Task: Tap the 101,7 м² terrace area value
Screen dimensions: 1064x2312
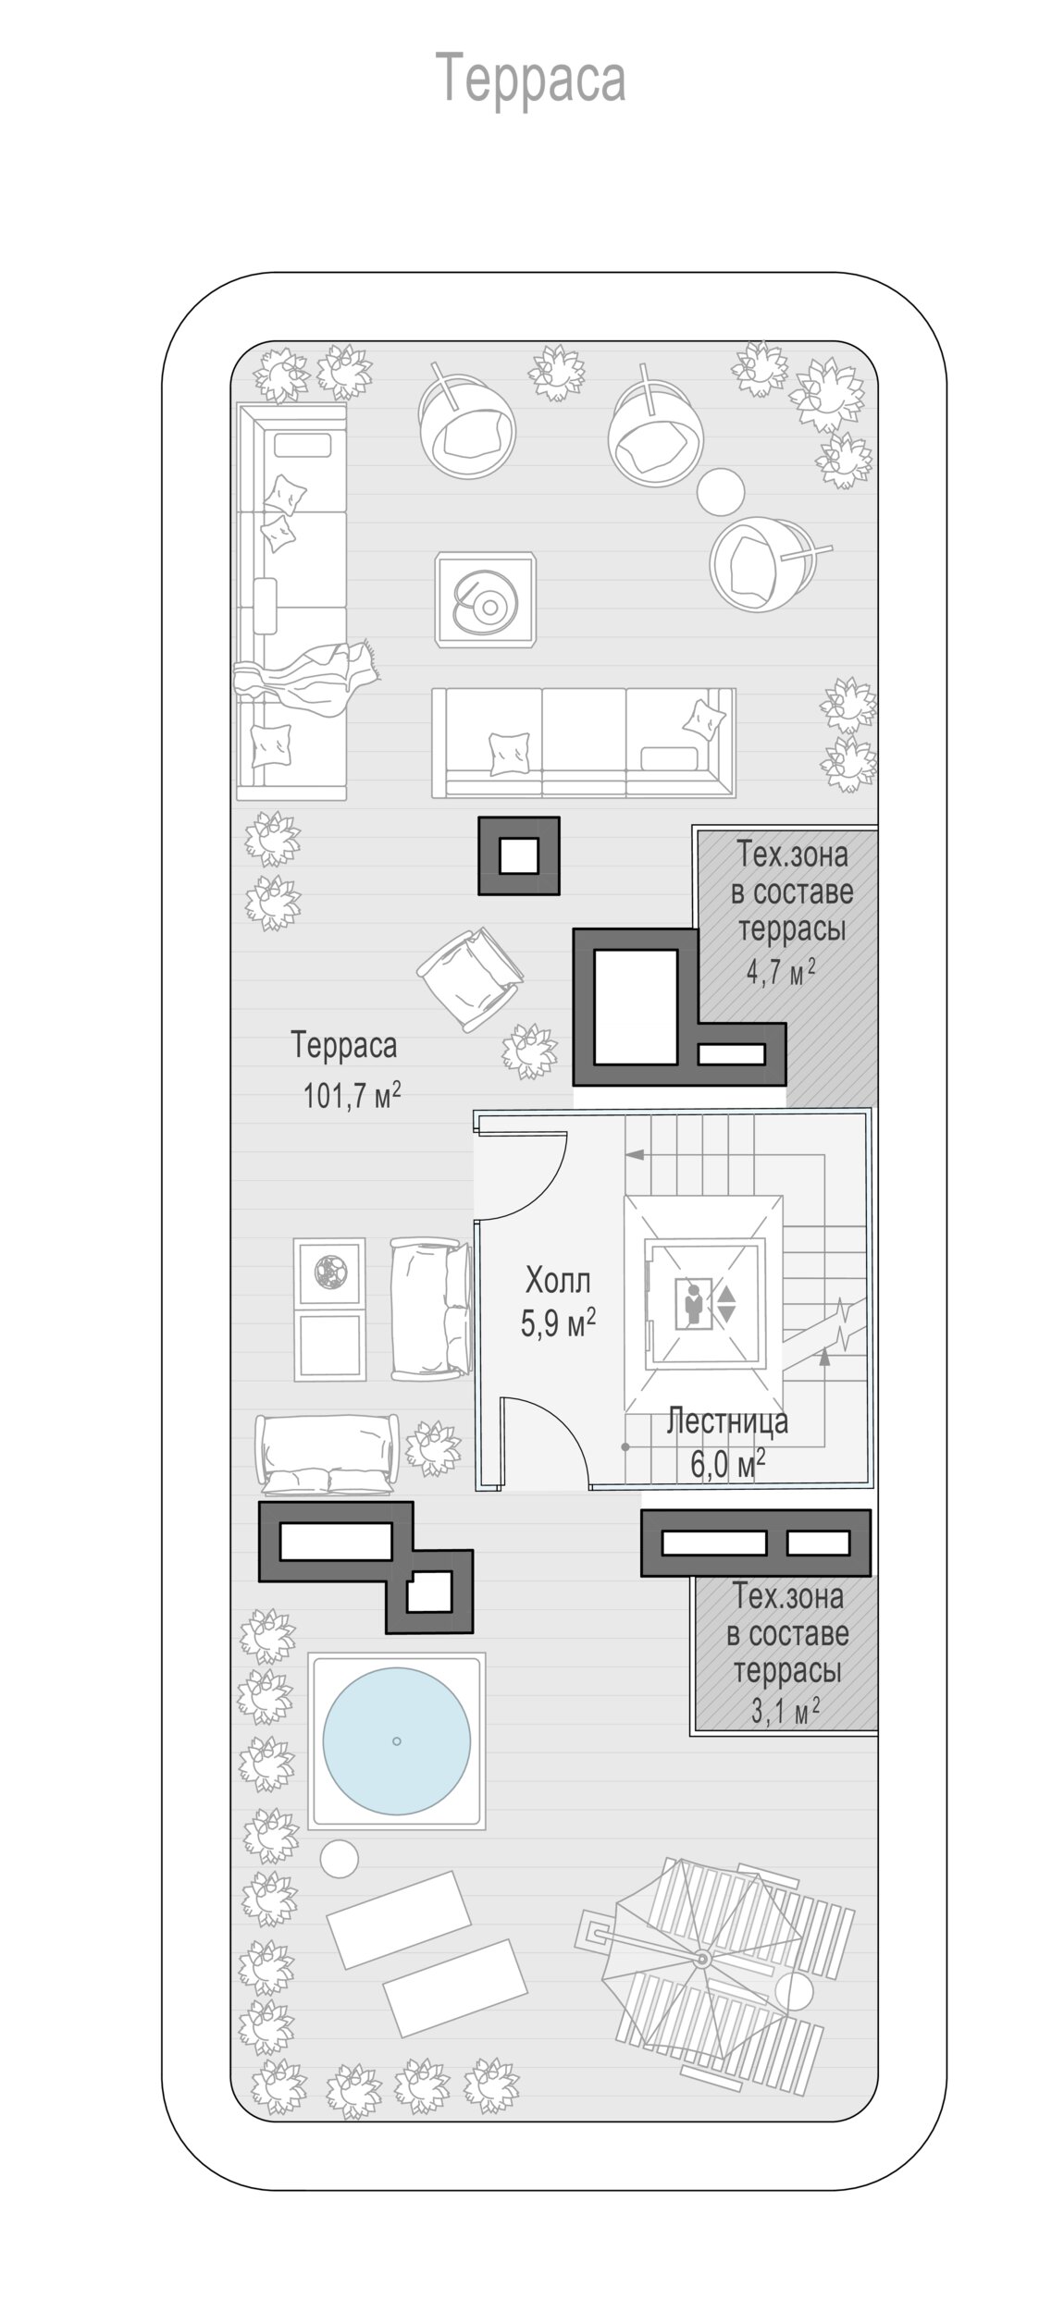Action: pyautogui.click(x=352, y=1096)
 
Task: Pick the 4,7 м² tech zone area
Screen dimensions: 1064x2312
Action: pyautogui.click(x=781, y=972)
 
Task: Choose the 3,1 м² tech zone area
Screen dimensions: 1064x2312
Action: pyautogui.click(x=786, y=1712)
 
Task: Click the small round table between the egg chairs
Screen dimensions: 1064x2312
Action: pyautogui.click(x=721, y=491)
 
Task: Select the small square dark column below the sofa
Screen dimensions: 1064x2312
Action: pyautogui.click(x=518, y=855)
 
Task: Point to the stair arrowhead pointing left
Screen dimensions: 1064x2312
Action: pyautogui.click(x=634, y=1154)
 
